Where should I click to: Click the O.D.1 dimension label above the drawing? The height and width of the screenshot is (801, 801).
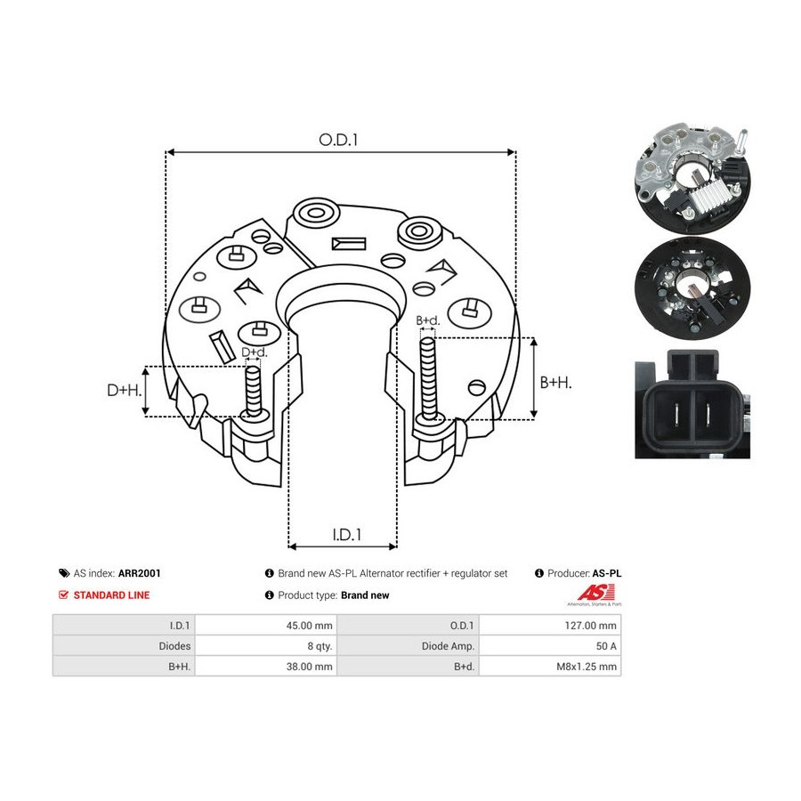(x=338, y=140)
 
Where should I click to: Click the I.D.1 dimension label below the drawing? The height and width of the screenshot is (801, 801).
(x=347, y=535)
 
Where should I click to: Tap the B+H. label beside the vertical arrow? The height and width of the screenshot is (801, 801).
(x=555, y=382)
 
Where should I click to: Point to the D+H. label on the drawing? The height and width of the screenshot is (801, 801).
(x=124, y=391)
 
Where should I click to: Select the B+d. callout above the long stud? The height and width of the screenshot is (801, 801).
(x=427, y=320)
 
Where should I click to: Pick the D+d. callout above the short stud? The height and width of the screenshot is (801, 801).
(x=254, y=352)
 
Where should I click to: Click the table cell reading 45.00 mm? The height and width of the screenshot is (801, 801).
(x=309, y=626)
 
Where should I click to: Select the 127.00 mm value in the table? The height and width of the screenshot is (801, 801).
(x=590, y=626)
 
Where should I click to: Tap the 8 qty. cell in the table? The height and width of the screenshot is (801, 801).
(x=320, y=646)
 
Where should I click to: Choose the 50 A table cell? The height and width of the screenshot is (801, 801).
(x=606, y=646)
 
